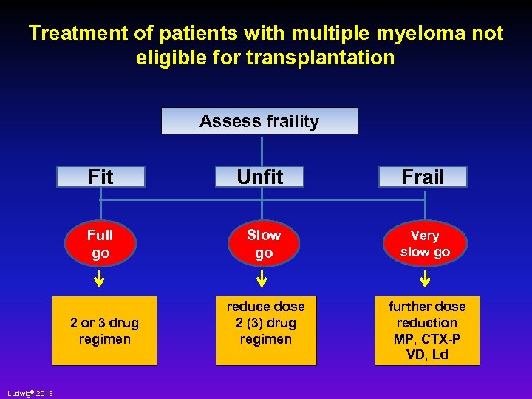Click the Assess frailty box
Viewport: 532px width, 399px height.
(259, 121)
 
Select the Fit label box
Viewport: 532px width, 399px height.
(101, 177)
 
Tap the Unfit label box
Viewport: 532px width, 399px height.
(260, 177)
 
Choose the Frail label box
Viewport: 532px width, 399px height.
(423, 177)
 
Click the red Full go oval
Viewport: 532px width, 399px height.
(100, 244)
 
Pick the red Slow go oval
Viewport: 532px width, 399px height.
(264, 244)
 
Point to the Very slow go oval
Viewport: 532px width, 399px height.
(425, 244)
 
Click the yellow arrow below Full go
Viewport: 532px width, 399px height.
(99, 279)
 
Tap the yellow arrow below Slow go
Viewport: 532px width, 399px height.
(262, 279)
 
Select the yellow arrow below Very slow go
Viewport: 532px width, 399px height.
(426, 279)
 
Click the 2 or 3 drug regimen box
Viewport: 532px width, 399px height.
(104, 330)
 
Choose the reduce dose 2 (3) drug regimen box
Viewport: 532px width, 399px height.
(266, 330)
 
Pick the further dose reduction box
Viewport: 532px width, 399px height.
(427, 330)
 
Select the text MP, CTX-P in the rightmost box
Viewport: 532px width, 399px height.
(427, 338)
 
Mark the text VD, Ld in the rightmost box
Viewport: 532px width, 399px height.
(427, 355)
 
